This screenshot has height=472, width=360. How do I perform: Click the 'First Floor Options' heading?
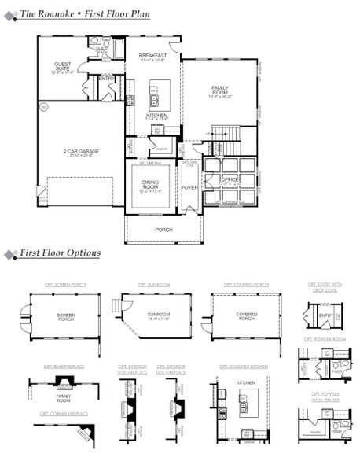pyautogui.click(x=60, y=253)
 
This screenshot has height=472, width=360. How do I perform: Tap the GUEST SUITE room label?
pyautogui.click(x=62, y=67)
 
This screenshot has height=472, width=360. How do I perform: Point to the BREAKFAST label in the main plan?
pyautogui.click(x=152, y=57)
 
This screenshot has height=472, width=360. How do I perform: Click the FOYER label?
pyautogui.click(x=189, y=187)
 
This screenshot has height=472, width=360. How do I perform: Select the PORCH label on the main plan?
pyautogui.click(x=163, y=229)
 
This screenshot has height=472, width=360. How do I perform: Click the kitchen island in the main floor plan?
pyautogui.click(x=154, y=95)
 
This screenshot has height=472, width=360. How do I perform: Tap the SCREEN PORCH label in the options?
pyautogui.click(x=65, y=317)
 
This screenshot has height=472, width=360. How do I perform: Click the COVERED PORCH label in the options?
pyautogui.click(x=246, y=316)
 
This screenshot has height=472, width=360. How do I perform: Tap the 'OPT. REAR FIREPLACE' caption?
pyautogui.click(x=65, y=367)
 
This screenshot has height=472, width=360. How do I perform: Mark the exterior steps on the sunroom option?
pyautogui.click(x=117, y=305)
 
